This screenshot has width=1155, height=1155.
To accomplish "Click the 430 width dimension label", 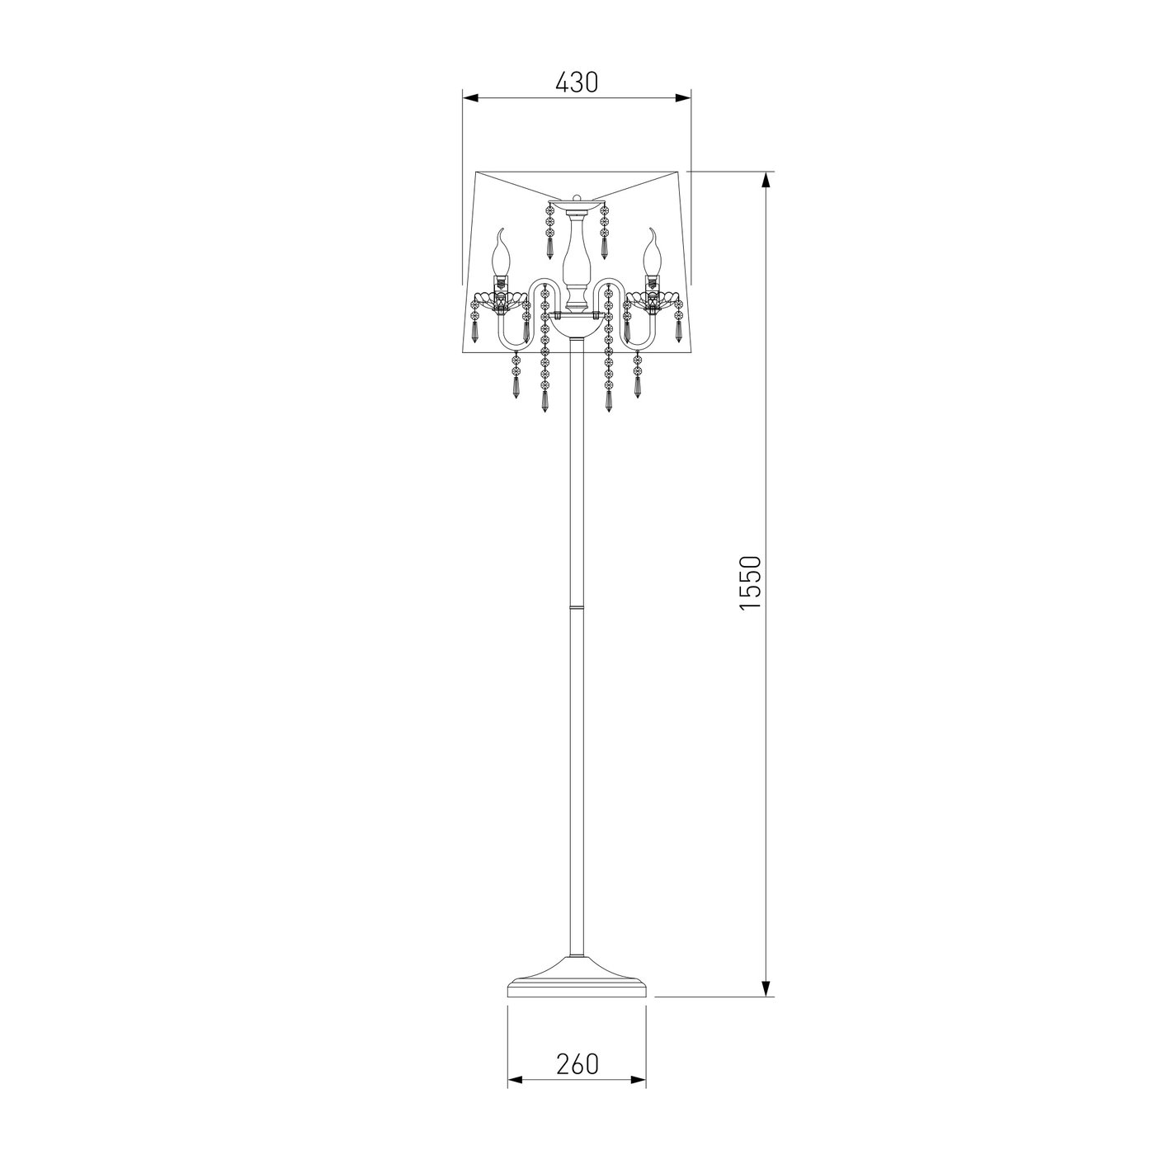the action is click(x=577, y=82).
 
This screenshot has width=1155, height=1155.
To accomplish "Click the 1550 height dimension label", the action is click(x=750, y=582).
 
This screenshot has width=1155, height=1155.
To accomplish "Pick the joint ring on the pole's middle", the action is click(x=577, y=607).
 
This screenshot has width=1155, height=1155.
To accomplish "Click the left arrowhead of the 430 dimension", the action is click(x=470, y=98).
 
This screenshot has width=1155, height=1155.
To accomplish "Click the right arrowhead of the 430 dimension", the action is click(x=683, y=98).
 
